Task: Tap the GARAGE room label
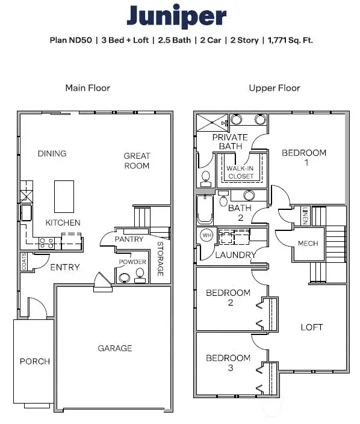(115, 348)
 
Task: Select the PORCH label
(35, 361)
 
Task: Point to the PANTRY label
(129, 239)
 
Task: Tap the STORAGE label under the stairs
(161, 258)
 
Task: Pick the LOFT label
(312, 327)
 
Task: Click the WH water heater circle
(206, 235)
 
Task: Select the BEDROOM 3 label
(228, 363)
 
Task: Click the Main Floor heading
(87, 88)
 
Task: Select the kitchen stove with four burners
(47, 243)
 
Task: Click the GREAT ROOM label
(137, 161)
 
